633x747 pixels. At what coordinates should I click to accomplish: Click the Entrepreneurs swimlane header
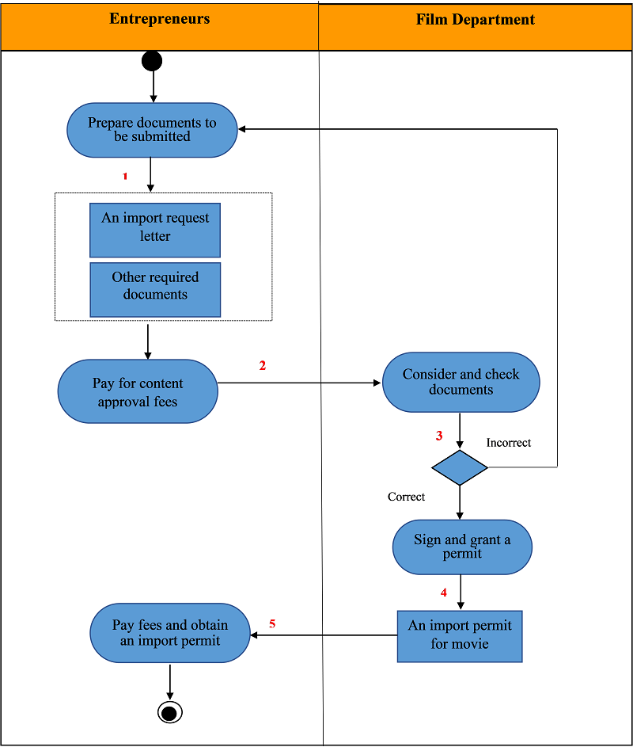pyautogui.click(x=160, y=26)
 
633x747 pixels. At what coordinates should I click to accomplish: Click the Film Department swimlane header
pyautogui.click(x=476, y=27)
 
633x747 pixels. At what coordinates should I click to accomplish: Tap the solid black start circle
pyautogui.click(x=152, y=61)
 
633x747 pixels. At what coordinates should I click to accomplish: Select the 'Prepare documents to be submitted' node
pyautogui.click(x=152, y=130)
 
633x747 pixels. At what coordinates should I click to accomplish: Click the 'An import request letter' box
pyautogui.click(x=155, y=230)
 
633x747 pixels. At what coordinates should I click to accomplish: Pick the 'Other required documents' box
pyautogui.click(x=155, y=290)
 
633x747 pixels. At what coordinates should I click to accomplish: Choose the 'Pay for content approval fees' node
pyautogui.click(x=138, y=391)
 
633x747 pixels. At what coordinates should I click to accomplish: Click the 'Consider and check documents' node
pyautogui.click(x=461, y=382)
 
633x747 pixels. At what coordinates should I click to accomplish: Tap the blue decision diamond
pyautogui.click(x=460, y=468)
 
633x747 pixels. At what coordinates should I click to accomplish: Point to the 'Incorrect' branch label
pyautogui.click(x=508, y=443)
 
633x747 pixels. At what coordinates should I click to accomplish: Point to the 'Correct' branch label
pyautogui.click(x=406, y=497)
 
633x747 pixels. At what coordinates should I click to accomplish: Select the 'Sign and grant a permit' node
pyautogui.click(x=462, y=547)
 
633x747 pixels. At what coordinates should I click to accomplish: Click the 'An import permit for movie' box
pyautogui.click(x=460, y=636)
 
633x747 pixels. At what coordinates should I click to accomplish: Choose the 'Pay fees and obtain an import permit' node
pyautogui.click(x=170, y=633)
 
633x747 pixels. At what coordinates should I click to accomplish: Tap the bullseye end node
pyautogui.click(x=170, y=713)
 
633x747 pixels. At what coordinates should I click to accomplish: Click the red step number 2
pyautogui.click(x=262, y=365)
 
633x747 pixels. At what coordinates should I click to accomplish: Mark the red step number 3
pyautogui.click(x=439, y=436)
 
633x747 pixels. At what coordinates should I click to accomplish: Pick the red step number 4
pyautogui.click(x=444, y=593)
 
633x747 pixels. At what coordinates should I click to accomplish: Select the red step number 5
pyautogui.click(x=272, y=623)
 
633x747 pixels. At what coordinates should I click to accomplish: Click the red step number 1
pyautogui.click(x=125, y=177)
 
